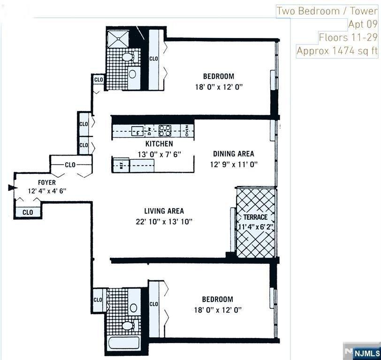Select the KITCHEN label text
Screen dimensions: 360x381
pyautogui.click(x=159, y=144)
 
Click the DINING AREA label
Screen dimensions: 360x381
pyautogui.click(x=233, y=154)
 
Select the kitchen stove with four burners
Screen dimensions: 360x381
pyautogui.click(x=165, y=130)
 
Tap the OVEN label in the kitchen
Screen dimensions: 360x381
pyautogui.click(x=186, y=130)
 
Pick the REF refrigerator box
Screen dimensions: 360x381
pyautogui.click(x=121, y=165)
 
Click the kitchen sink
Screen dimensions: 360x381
pyautogui.click(x=137, y=130)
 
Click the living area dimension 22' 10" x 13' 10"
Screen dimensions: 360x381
pyautogui.click(x=163, y=221)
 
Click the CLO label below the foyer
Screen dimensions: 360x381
pyautogui.click(x=28, y=212)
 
